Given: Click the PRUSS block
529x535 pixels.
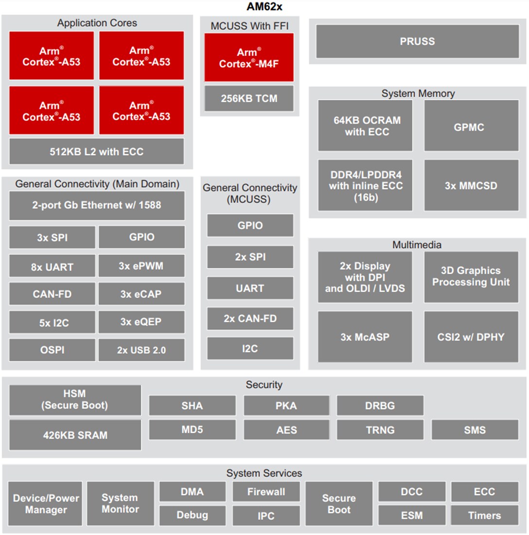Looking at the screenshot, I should point(417,41).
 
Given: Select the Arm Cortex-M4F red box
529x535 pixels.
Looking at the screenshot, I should point(249,57).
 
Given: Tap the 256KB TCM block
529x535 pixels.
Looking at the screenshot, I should point(249,98).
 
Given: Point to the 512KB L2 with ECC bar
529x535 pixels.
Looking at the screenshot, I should point(96,151).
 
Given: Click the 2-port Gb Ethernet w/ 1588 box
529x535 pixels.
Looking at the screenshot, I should point(96,205).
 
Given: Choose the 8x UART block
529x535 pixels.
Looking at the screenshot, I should point(52,267).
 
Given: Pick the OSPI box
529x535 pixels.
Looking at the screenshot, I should point(52,350).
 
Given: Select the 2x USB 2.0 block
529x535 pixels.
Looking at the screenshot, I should point(141,350).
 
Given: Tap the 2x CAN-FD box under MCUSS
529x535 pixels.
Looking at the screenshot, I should point(250,319).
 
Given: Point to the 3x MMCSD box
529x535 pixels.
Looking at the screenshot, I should point(471,185).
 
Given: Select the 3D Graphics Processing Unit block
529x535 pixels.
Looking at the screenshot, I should point(471,276).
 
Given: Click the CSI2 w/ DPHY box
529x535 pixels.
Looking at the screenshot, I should point(471,337).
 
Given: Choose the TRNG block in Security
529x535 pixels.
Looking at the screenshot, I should point(380,430).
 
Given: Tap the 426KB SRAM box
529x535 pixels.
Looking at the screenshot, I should point(75,435).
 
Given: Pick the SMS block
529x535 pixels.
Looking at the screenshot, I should point(474,430).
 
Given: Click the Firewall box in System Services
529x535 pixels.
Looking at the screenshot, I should point(266,492).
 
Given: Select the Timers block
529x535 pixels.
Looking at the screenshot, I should point(484,515).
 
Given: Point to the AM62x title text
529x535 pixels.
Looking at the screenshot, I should point(264,7).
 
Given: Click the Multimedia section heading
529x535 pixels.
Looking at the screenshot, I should point(417,245).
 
